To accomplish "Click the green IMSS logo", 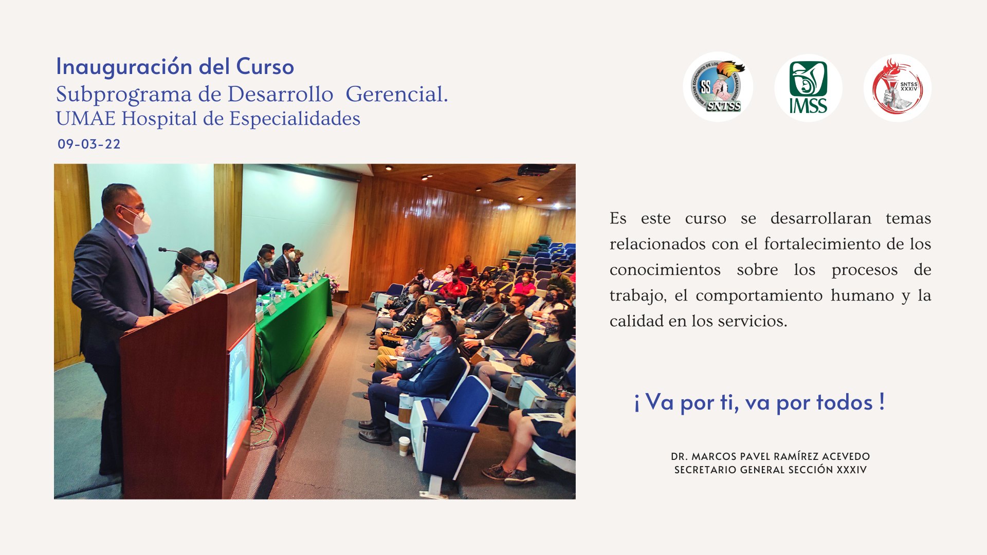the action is click(808, 87).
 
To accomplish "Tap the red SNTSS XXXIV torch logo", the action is click(898, 87).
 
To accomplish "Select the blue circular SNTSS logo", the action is click(718, 86).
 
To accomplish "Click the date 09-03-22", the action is click(89, 144).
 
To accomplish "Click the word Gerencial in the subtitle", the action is click(396, 94).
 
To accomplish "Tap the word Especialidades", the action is click(295, 119).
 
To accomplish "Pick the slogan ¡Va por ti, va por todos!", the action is click(759, 402).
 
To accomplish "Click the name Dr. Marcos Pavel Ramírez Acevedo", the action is click(770, 456).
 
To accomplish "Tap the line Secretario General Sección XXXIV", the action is click(770, 470).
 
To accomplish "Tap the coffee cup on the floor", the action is click(405, 446).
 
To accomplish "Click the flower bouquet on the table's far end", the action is click(332, 282).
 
